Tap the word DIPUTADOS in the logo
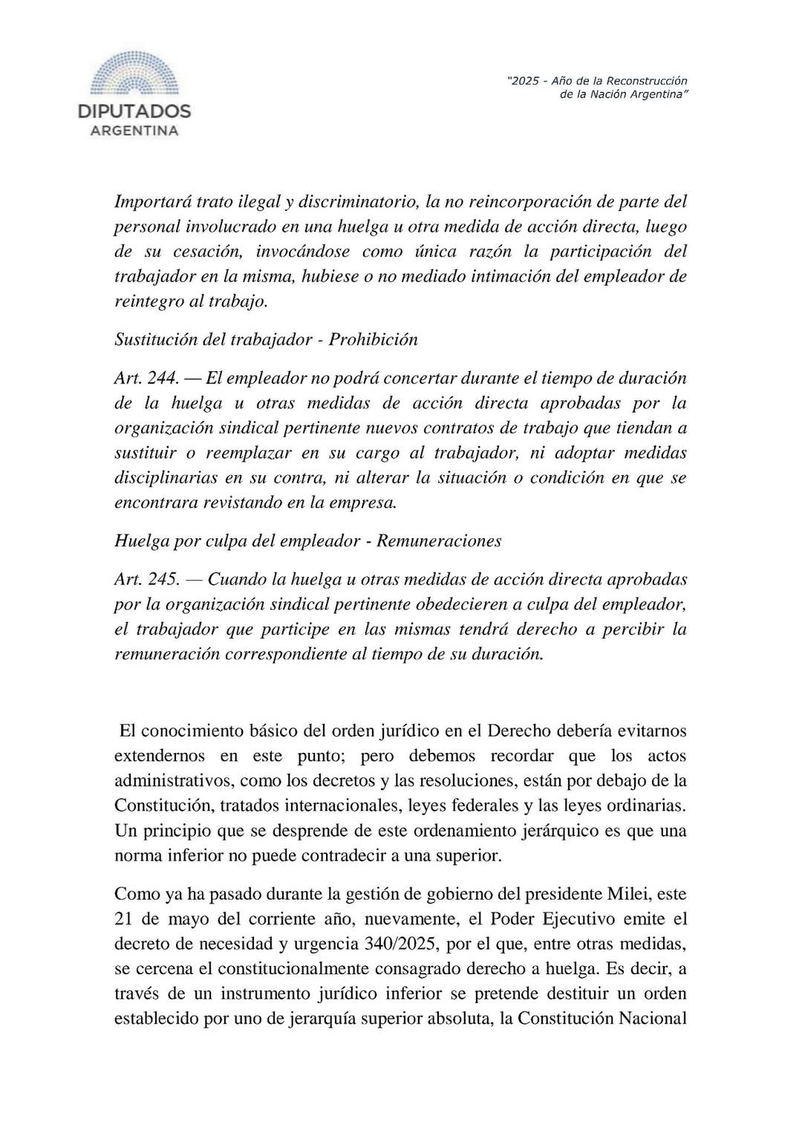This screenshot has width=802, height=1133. pos(134,112)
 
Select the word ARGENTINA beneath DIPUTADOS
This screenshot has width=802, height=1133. pos(134,131)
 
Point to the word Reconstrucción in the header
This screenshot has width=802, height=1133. pos(647,80)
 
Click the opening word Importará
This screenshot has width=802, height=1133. pos(153,201)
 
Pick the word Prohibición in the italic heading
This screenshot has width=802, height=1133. pos(374,339)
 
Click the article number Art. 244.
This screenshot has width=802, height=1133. pos(146,378)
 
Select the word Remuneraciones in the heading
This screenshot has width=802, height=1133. pos(439,540)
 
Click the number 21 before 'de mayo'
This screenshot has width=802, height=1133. pos(124,919)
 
